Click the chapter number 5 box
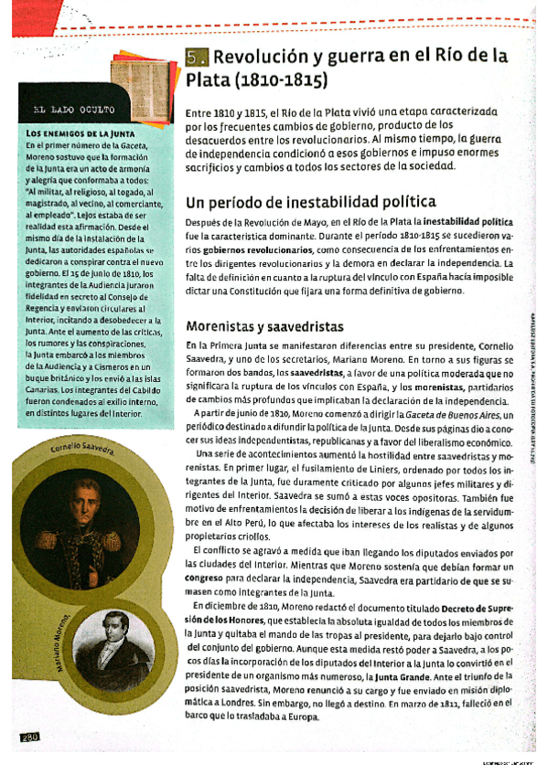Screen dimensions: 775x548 coord(198,58)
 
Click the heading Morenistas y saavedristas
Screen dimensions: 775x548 coord(263,325)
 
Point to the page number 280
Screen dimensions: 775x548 coord(26,737)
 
